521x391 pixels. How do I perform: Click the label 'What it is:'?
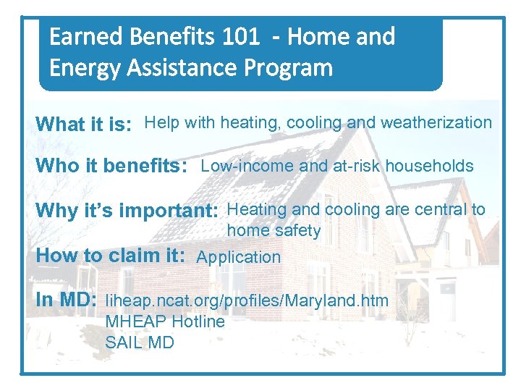coord(84,125)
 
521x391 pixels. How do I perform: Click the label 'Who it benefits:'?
coord(112,166)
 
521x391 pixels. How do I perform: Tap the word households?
coord(429,166)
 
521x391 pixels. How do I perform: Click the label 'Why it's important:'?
coord(127,211)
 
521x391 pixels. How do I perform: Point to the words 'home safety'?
coord(274,231)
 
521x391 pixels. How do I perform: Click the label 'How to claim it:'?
coord(111,256)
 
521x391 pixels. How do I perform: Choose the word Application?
coord(239,257)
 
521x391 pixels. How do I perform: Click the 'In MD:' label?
coord(67,300)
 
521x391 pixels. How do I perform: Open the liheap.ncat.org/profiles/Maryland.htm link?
coord(247,300)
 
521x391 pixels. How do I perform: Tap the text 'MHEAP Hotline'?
coord(165,321)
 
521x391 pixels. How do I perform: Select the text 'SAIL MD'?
coord(140,342)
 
